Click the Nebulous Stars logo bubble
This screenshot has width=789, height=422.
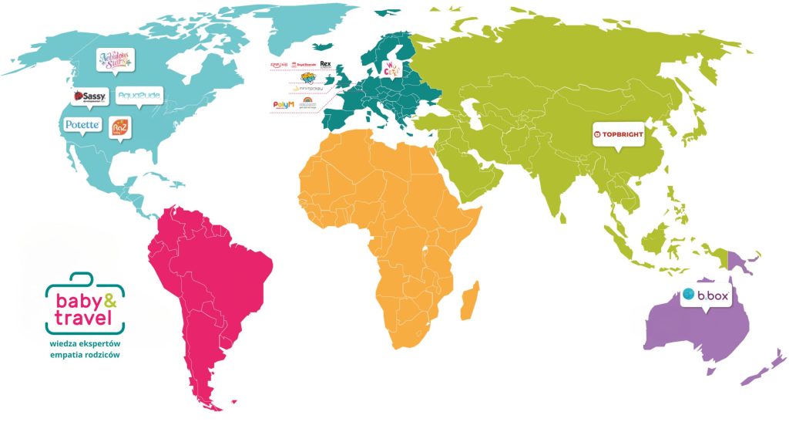[x=115, y=61]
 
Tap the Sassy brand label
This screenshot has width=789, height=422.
[x=88, y=97]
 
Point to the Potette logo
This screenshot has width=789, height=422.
[x=82, y=124]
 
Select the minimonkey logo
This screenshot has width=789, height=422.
[x=307, y=90]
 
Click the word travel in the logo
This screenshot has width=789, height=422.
[x=79, y=316]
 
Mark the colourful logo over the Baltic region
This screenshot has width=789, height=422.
[x=392, y=68]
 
